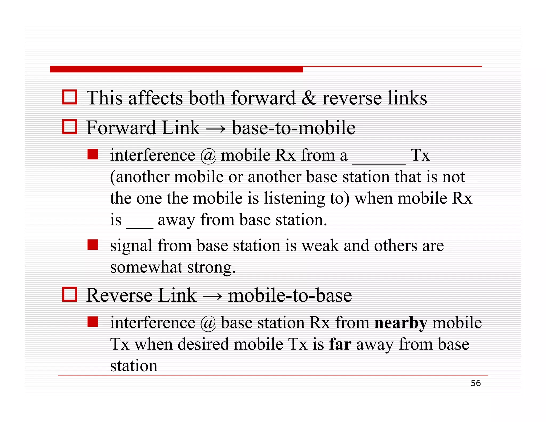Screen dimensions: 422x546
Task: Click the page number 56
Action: tap(476, 383)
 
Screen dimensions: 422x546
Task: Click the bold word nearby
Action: tap(401, 323)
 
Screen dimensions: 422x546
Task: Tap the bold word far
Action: tap(340, 344)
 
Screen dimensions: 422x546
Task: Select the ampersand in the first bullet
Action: tap(309, 98)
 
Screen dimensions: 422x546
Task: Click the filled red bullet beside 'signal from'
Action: tap(93, 244)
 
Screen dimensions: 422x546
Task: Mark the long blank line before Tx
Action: tap(379, 163)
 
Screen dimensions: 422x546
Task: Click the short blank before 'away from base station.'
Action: tap(140, 228)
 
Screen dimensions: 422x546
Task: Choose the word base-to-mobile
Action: tap(294, 128)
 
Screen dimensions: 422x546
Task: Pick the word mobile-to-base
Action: tap(290, 295)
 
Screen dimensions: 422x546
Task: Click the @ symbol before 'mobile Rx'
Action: tap(208, 156)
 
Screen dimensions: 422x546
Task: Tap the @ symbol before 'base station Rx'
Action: tap(208, 323)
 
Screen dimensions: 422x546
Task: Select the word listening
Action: tap(294, 199)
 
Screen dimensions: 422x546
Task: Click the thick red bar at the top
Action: tap(176, 69)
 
